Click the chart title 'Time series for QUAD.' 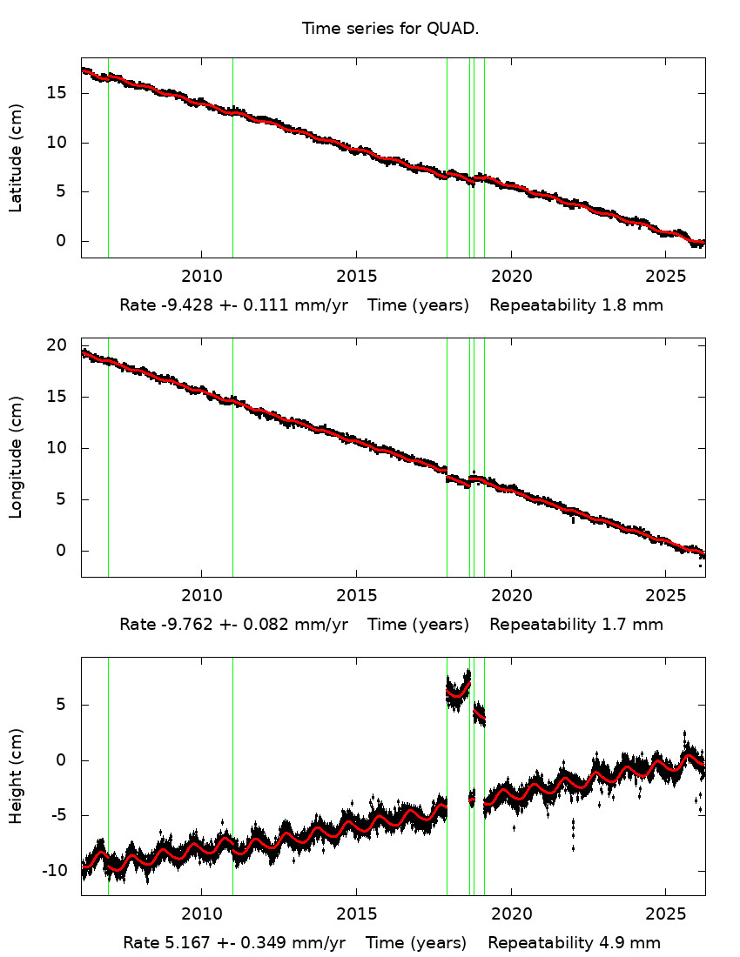click(x=390, y=29)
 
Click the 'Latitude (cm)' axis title click(x=16, y=157)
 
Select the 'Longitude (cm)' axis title click(x=16, y=457)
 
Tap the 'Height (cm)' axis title click(x=16, y=775)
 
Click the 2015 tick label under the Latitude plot click(x=355, y=277)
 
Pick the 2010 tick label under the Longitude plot click(x=201, y=596)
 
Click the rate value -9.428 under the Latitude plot click(x=183, y=305)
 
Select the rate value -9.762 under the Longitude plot click(x=183, y=625)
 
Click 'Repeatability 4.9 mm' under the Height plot click(x=574, y=943)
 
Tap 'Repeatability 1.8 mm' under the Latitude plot click(x=575, y=305)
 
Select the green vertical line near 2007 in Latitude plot click(x=108, y=157)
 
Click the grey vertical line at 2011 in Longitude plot click(x=232, y=457)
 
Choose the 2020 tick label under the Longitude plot click(x=510, y=596)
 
